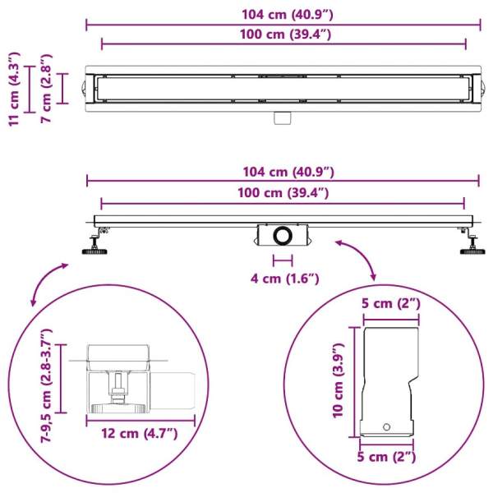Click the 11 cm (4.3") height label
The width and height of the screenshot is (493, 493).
pos(15,89)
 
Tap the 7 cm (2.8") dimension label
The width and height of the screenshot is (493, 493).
pos(46,89)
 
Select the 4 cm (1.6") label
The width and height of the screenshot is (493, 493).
pos(284,279)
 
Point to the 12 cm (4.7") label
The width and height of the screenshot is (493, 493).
pos(140,434)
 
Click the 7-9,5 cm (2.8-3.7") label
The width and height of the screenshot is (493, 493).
pos(46,386)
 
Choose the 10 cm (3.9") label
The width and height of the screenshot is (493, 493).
pos(339,380)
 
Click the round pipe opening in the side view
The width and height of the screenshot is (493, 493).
pos(283,235)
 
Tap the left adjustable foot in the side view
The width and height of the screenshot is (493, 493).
pos(96,242)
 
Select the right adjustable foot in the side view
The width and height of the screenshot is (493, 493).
pos(471,242)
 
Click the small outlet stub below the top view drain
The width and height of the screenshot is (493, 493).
pos(283,117)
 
